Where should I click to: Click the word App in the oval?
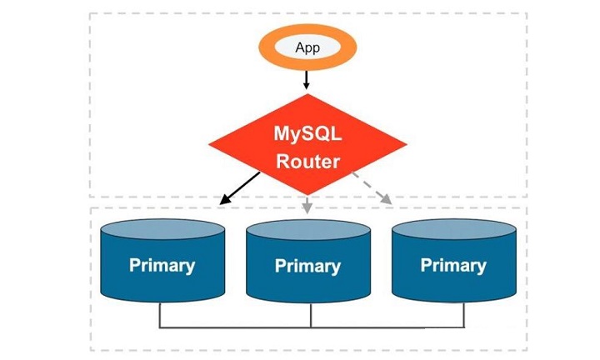pos(307,47)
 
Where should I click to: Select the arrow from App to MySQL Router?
pos(306,80)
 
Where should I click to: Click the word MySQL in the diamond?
pos(307,134)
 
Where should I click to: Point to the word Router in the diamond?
pos(308,161)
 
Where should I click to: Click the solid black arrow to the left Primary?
pos(239,188)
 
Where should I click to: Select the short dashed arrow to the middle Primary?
pos(307,205)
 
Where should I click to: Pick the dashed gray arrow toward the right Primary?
pos(372,188)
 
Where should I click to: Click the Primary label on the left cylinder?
pos(162,265)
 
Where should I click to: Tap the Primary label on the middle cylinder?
pos(307,266)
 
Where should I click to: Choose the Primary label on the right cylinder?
pos(453,265)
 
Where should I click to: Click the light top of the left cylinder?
pos(162,229)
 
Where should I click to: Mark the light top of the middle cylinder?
pos(308,230)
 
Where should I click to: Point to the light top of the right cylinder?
pos(454,229)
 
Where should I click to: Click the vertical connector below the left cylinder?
pos(159,315)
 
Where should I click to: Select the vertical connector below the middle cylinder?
pos(311,315)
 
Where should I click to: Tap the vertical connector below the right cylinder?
pos(464,315)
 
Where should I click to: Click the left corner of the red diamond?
pos(209,144)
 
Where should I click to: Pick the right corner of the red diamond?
pos(407,144)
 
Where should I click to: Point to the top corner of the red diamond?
pos(308,94)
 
